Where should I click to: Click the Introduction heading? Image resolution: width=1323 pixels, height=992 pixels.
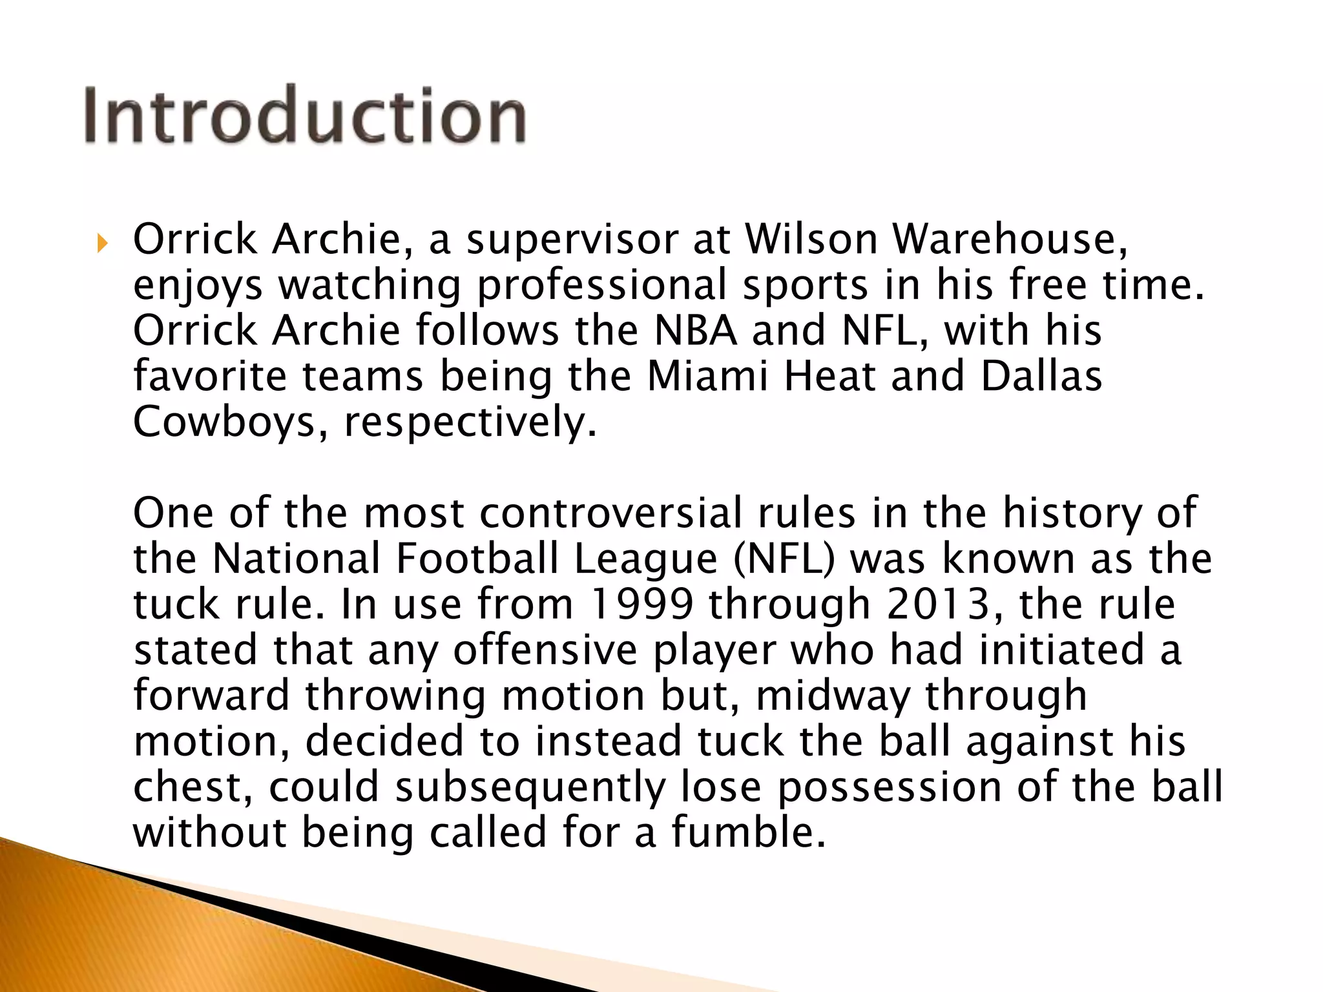point(305,115)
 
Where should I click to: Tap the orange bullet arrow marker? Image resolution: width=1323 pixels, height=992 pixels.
point(101,243)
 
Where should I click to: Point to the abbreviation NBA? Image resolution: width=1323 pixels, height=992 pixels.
point(695,331)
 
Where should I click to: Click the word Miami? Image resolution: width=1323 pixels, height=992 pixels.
point(707,376)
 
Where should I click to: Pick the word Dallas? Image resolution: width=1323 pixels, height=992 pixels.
point(1041,376)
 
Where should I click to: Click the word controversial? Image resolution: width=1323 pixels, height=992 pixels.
point(610,513)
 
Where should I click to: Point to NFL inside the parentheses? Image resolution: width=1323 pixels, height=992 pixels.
point(784,559)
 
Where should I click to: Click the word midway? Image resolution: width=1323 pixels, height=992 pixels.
point(832,697)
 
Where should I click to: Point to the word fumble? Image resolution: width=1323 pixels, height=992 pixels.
point(748,832)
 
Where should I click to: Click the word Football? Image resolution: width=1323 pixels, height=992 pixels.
point(477,559)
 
